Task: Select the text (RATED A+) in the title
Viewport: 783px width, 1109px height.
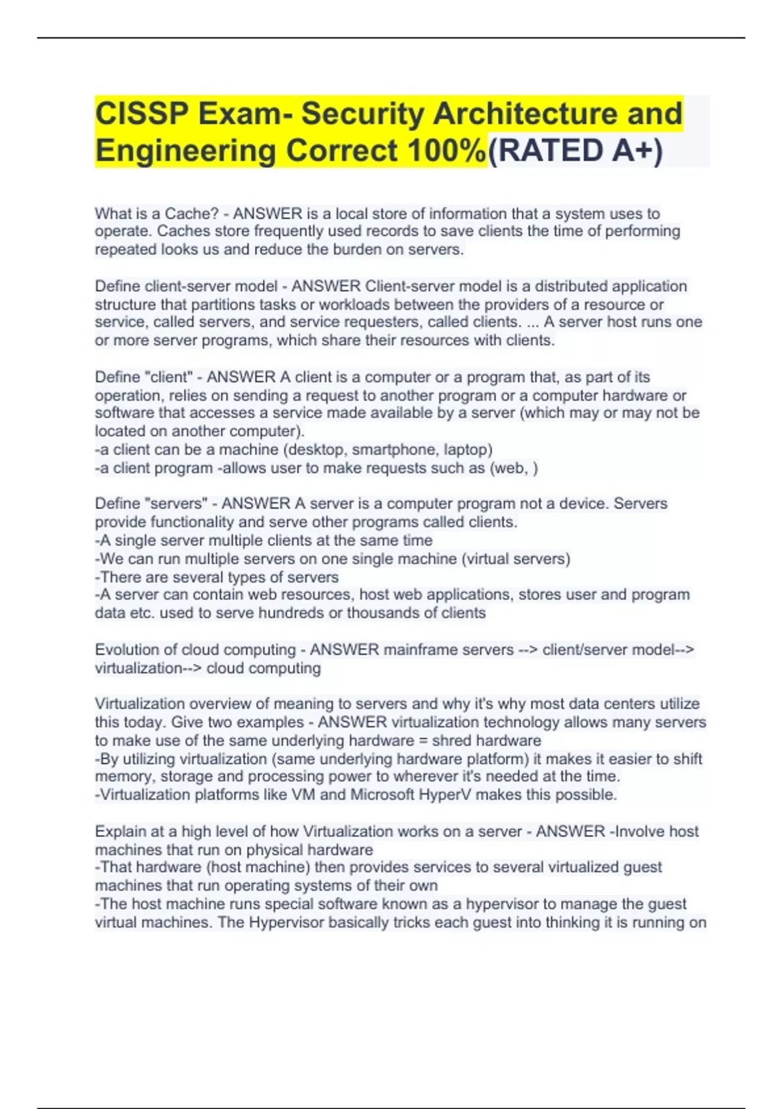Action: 575,151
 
